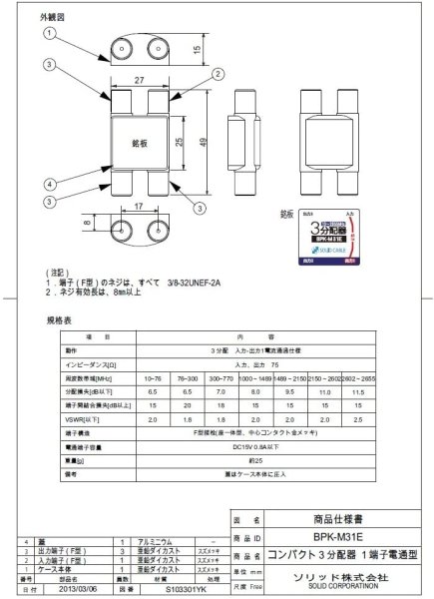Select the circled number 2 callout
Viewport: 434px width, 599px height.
215,73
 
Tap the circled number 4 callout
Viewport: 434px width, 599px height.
48,184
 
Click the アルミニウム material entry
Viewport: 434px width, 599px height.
169,539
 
